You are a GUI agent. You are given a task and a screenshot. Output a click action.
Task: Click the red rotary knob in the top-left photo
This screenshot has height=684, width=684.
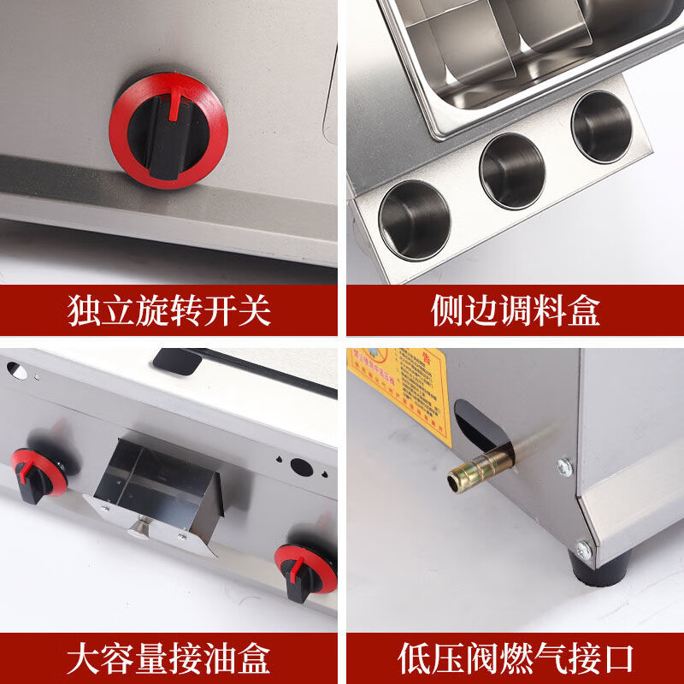point(168,130)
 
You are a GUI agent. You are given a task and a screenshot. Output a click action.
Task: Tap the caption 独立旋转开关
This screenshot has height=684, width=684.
point(168,310)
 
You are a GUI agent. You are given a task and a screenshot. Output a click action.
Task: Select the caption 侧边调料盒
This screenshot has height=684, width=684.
point(515,310)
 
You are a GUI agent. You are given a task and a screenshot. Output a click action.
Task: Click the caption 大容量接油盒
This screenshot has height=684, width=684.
point(168,658)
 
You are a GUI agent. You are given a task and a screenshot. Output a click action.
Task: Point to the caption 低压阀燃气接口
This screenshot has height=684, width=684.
point(515,658)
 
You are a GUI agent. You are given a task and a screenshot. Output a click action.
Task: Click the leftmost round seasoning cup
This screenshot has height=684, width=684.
point(415,219)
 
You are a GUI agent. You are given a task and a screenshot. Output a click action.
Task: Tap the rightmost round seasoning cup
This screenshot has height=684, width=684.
point(602,127)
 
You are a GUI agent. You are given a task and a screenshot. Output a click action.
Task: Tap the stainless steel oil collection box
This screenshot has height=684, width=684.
point(158,496)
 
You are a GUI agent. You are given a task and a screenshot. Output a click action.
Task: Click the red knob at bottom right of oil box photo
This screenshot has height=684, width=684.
point(305,568)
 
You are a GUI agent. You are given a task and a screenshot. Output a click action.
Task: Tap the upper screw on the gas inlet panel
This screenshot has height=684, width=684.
point(564,466)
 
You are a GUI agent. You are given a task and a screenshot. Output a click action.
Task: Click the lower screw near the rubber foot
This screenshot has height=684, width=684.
point(583,550)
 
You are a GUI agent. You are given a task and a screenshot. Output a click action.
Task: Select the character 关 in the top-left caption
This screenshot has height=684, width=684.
point(254,310)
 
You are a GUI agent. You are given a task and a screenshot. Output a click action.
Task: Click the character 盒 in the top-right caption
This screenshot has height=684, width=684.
point(584,310)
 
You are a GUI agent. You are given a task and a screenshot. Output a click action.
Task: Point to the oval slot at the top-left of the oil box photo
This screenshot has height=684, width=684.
point(15,369)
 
